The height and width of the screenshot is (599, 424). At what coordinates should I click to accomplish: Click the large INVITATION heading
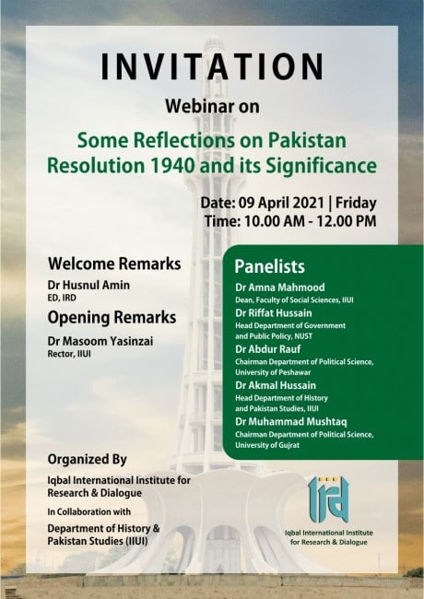coord(212,66)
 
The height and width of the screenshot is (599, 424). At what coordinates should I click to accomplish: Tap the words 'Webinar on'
coord(212,106)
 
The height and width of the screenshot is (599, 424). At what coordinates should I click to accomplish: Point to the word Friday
coord(356,204)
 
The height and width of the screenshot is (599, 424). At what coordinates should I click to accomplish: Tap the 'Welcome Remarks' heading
coord(114,264)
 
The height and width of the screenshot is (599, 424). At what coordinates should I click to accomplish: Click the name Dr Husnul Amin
coord(88,285)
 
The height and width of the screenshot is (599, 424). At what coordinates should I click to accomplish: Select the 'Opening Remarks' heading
coord(112,318)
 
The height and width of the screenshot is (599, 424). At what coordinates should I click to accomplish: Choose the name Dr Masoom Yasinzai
coord(100,341)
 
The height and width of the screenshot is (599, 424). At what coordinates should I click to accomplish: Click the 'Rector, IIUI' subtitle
coord(69,354)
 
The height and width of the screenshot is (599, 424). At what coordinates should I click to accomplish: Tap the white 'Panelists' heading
coord(270,266)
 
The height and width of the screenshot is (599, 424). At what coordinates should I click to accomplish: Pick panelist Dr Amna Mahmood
coord(280,288)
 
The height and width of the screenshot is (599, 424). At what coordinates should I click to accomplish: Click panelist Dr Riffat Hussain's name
coord(274,313)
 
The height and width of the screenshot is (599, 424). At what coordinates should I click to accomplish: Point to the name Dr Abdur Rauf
coord(268,349)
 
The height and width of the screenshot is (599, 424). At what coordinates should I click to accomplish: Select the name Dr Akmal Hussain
coord(276,385)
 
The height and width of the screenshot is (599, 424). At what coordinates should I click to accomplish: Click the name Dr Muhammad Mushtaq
coord(291,421)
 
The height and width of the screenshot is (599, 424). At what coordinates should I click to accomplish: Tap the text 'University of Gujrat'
coord(267,445)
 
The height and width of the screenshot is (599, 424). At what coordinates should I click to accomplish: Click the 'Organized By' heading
coord(87,459)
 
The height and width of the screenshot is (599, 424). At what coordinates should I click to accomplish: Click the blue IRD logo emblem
coord(328,499)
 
